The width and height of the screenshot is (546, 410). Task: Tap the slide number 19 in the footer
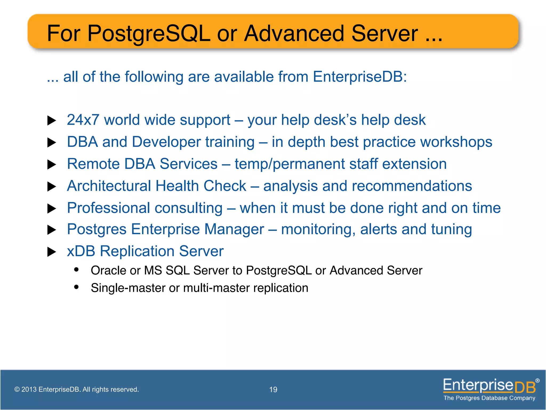click(x=273, y=389)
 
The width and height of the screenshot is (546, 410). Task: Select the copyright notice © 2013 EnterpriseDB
click(x=77, y=389)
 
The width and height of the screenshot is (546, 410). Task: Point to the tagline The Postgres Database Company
click(x=489, y=398)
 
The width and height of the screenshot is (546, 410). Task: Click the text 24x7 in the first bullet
click(x=83, y=120)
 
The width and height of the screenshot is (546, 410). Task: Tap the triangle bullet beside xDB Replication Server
click(x=51, y=252)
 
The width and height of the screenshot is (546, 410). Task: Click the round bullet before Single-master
click(x=77, y=287)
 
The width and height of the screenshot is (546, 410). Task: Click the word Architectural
click(x=109, y=186)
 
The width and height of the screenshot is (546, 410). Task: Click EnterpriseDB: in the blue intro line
click(x=360, y=77)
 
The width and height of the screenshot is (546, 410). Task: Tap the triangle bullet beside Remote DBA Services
click(x=51, y=164)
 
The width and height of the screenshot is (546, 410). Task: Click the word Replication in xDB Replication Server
click(x=137, y=251)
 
